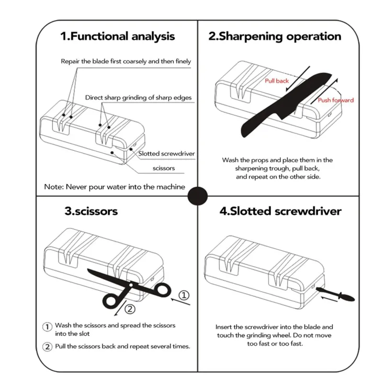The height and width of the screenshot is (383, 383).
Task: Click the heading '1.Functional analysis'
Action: click(x=117, y=36)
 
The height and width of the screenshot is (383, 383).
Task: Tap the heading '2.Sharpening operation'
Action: click(x=274, y=36)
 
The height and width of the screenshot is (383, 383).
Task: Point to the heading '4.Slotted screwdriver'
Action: click(x=280, y=211)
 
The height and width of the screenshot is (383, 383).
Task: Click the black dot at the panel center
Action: click(x=198, y=195)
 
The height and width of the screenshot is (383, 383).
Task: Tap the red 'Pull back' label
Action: click(x=277, y=81)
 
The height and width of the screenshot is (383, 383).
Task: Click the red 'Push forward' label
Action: click(x=336, y=100)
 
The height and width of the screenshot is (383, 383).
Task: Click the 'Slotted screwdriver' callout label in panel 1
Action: click(x=166, y=154)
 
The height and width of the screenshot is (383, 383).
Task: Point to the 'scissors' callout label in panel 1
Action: click(x=163, y=168)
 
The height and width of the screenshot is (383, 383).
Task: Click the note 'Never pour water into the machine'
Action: click(x=114, y=187)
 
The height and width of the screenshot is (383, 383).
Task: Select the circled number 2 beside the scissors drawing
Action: click(x=129, y=309)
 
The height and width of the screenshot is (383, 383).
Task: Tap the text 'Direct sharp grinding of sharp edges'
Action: click(x=138, y=98)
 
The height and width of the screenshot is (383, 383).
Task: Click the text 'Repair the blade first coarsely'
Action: click(x=125, y=61)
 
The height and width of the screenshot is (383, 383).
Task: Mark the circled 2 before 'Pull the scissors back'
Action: click(x=47, y=347)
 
